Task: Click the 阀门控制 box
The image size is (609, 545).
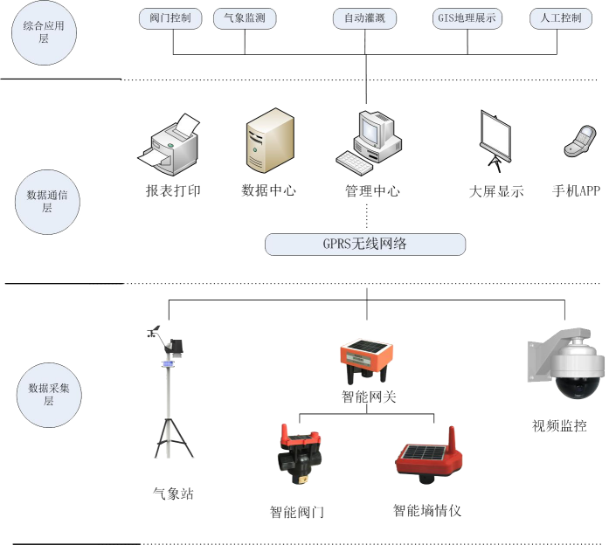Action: coord(173,17)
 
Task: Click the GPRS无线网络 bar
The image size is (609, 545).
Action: coord(365,244)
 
